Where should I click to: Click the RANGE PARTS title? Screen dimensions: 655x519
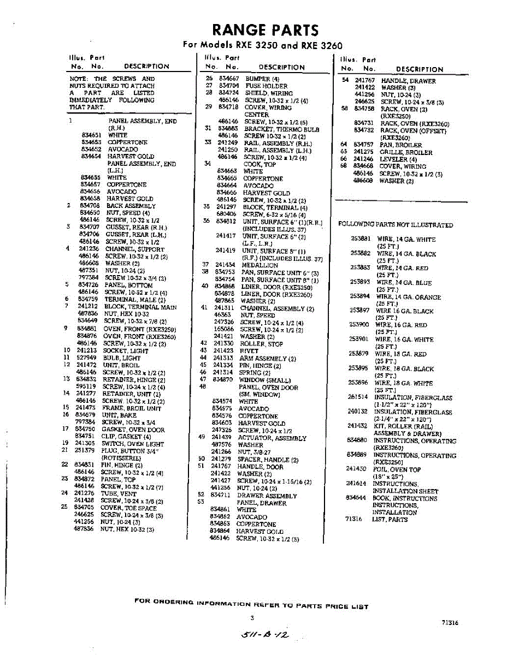pos(265,29)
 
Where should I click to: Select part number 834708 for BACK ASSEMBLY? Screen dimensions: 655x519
pos(90,206)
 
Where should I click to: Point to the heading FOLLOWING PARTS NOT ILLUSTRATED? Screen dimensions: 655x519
pos(396,225)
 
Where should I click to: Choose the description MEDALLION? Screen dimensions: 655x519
pos(260,265)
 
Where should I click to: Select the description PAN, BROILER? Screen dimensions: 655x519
pos(401,145)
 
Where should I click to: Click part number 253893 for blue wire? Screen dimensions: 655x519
pos(361,282)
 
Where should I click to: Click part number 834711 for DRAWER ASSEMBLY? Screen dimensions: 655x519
pos(221,496)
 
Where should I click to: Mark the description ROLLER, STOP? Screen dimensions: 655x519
pos(262,344)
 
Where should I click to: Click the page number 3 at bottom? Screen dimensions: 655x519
pos(252,618)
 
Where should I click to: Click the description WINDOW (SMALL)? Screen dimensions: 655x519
pos(265,380)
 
